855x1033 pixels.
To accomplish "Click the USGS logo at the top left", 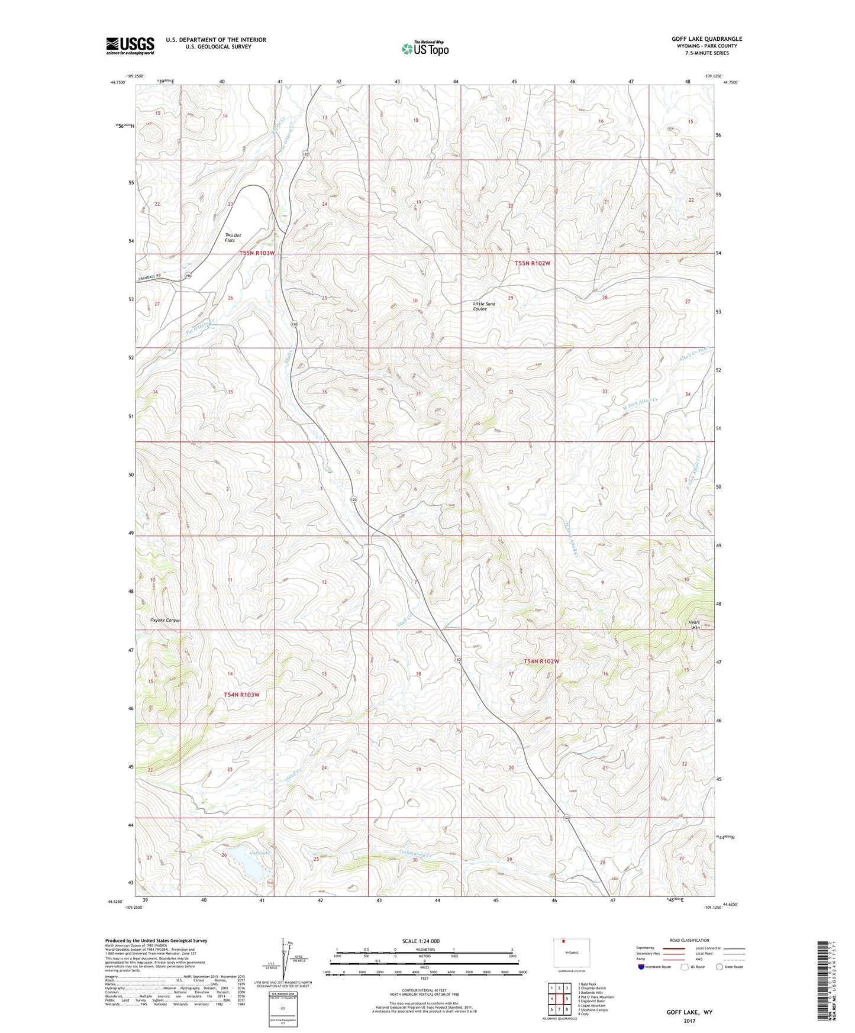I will (130, 45).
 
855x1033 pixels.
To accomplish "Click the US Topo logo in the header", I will (425, 49).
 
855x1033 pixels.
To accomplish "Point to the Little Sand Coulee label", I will (484, 306).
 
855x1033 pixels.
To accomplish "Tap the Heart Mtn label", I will (694, 625).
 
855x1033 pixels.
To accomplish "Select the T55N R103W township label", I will (257, 253).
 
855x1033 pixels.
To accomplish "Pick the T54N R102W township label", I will (541, 661).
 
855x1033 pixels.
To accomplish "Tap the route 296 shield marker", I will (188, 276).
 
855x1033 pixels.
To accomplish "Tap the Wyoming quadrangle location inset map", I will (570, 953).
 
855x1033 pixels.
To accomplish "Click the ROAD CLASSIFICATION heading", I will (690, 940).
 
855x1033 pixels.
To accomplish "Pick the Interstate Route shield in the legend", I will (641, 967).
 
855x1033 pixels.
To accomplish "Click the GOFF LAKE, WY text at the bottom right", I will (689, 1012).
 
